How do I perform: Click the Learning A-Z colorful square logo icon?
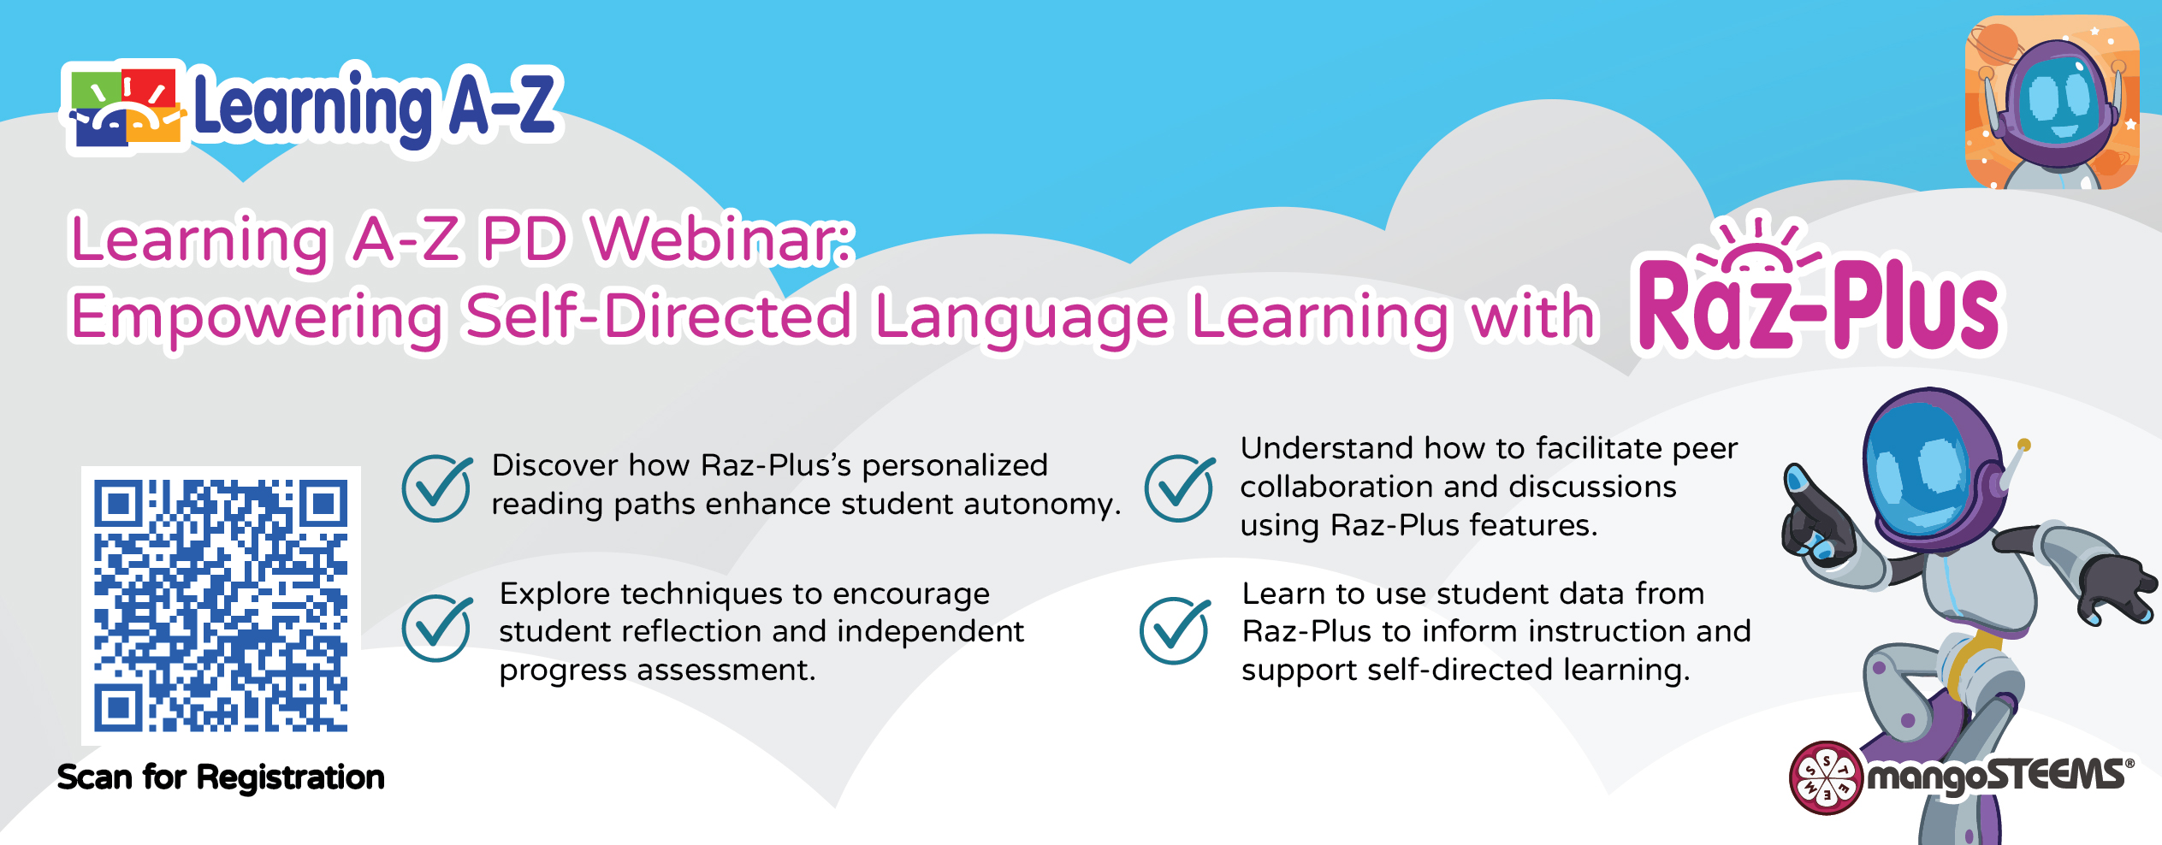tap(125, 107)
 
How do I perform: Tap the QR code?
tap(221, 606)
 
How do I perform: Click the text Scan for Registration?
tap(221, 777)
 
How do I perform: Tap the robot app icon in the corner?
tap(2052, 103)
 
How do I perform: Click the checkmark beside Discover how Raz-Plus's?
tap(437, 487)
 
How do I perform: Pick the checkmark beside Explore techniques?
tap(437, 628)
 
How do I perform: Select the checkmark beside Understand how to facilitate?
tap(1180, 487)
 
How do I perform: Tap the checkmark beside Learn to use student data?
tap(1176, 630)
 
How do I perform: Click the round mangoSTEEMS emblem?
tap(1826, 777)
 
